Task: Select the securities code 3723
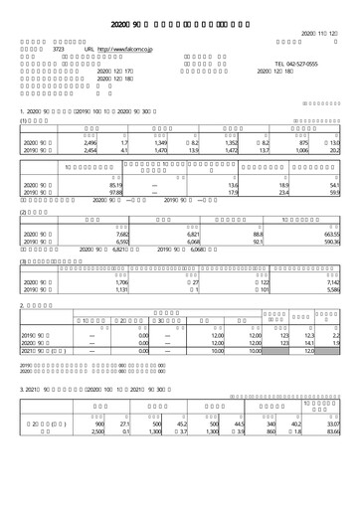[58, 48]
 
